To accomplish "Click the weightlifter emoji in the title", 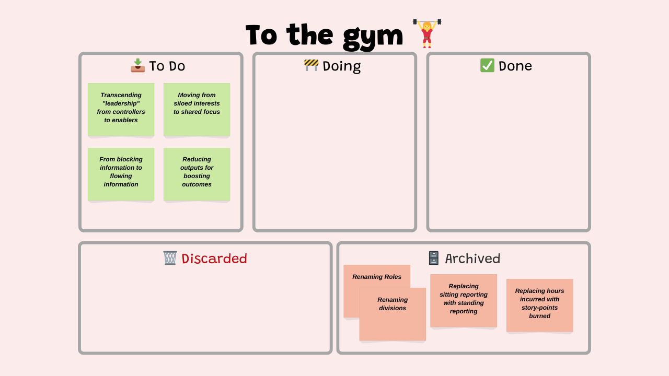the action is point(427,33).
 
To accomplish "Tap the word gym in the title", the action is point(373,37).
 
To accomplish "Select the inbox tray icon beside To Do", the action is point(137,65).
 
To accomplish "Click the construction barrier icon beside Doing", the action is point(311,65).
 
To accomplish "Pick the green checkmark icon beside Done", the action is point(487,65).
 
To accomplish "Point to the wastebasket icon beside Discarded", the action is point(170,258).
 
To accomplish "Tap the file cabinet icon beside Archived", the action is point(434,258).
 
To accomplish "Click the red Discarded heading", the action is point(214,258).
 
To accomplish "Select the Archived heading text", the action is point(472,258).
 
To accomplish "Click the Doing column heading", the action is point(342,66).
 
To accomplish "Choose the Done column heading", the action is point(515,66).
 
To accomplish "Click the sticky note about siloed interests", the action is point(197,110).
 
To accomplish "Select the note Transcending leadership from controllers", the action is point(121,110).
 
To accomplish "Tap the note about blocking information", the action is point(121,174).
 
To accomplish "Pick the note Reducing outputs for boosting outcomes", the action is point(197,174).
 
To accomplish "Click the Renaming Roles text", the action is point(377,277).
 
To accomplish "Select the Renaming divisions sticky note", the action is point(393,314).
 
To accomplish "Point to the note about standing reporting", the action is point(464,301).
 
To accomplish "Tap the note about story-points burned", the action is point(540,305).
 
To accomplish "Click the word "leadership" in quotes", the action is point(121,103).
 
